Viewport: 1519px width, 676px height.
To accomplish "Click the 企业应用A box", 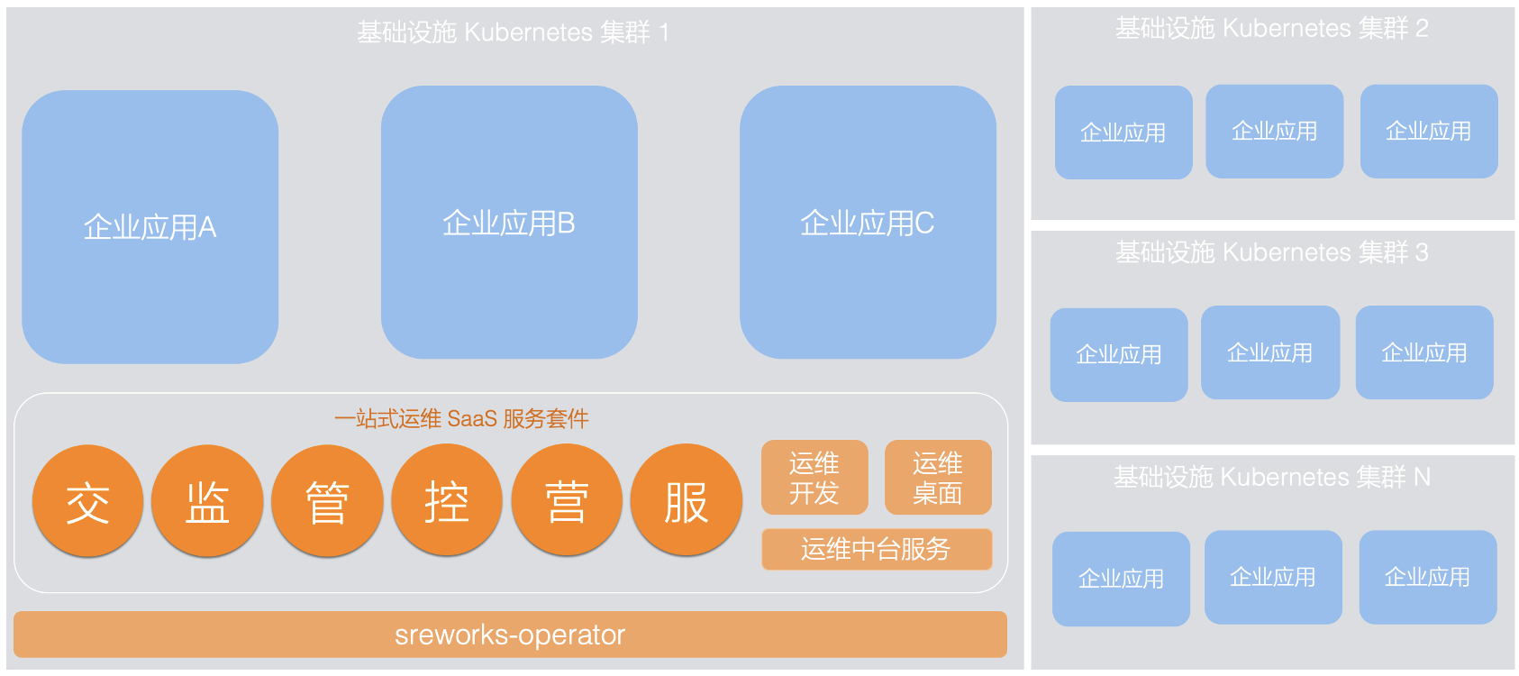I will click(x=150, y=226).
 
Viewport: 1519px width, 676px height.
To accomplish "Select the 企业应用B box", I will click(x=509, y=223).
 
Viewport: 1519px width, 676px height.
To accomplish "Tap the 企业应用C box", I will click(x=868, y=223).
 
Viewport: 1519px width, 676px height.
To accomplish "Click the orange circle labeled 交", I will click(x=87, y=501).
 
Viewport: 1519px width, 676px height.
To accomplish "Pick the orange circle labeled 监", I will click(x=207, y=501).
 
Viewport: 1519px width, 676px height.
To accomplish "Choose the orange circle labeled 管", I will click(x=327, y=501).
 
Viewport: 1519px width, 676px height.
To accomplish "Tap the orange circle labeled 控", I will click(x=447, y=501).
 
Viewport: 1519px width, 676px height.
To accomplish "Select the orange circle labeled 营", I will click(x=567, y=501).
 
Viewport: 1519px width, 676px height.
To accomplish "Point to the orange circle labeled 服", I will click(x=687, y=501).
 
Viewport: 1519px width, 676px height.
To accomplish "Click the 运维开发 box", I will click(x=814, y=478).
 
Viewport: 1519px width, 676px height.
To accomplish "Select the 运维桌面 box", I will click(x=938, y=478).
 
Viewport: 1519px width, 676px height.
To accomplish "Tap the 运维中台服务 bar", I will click(x=876, y=549).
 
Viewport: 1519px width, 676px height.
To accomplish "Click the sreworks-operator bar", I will click(x=510, y=635).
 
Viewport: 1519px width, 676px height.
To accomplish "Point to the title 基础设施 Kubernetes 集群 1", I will click(x=513, y=32).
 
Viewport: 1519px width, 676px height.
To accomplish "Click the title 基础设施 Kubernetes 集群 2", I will click(x=1271, y=28).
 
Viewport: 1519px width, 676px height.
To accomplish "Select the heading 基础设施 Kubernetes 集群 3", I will click(x=1271, y=252).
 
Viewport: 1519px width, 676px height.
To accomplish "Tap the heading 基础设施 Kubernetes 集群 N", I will click(x=1271, y=476).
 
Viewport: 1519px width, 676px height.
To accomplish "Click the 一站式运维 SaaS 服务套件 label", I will click(x=461, y=418).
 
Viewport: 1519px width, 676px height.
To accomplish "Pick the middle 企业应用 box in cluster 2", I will click(x=1274, y=132).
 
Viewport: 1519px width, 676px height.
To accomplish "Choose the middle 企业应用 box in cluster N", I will click(x=1273, y=577).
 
